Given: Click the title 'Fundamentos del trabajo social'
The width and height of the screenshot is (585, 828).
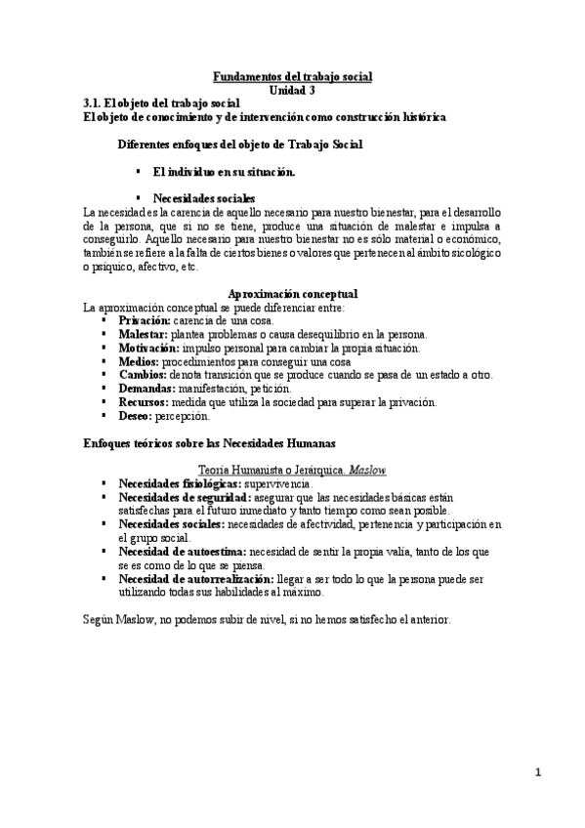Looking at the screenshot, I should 292,75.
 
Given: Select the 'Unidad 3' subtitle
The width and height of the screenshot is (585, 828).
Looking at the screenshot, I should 292,88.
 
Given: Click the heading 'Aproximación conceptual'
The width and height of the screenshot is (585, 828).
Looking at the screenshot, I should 292,293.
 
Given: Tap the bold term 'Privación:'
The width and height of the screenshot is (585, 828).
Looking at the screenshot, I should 145,320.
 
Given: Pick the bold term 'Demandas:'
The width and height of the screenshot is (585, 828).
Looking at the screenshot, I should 146,389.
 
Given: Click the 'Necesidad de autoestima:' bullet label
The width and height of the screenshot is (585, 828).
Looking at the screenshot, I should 183,552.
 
